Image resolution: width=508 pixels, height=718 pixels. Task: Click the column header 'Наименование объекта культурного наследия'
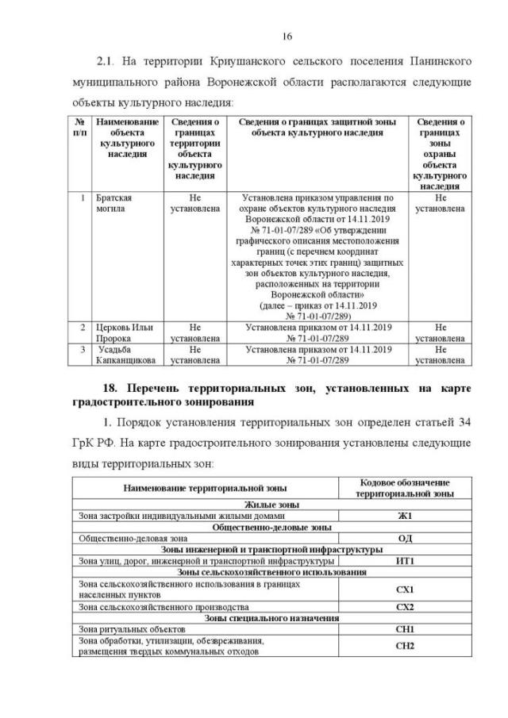pyautogui.click(x=127, y=139)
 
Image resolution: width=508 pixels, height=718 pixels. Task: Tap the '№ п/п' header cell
pyautogui.click(x=80, y=128)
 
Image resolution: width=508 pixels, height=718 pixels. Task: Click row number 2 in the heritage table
pyautogui.click(x=82, y=327)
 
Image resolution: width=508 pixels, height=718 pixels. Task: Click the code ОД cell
pyautogui.click(x=406, y=537)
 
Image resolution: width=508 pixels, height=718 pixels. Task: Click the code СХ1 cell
pyautogui.click(x=406, y=589)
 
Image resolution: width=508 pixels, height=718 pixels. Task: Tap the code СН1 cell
pyautogui.click(x=406, y=629)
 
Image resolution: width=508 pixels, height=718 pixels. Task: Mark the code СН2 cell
pyautogui.click(x=406, y=646)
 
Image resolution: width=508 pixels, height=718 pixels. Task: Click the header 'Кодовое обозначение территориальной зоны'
pyautogui.click(x=406, y=488)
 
